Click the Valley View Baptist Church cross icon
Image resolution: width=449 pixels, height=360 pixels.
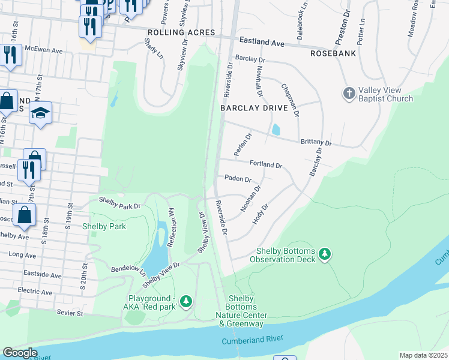point(349,93)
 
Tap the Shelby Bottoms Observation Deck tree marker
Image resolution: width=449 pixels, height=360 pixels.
point(325,254)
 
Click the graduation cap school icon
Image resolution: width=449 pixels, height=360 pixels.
point(40,113)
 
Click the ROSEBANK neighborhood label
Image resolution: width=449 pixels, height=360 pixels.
point(333,53)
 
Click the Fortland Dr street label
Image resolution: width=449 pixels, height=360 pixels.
point(266,164)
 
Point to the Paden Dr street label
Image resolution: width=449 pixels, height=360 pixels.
point(238,179)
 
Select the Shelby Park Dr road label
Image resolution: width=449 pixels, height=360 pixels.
point(119,203)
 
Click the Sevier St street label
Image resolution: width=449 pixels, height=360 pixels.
point(70,313)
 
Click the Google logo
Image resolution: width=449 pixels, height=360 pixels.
point(20,353)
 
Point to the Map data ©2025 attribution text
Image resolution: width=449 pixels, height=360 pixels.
point(423,355)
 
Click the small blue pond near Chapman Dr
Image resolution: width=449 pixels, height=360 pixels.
point(276,129)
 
